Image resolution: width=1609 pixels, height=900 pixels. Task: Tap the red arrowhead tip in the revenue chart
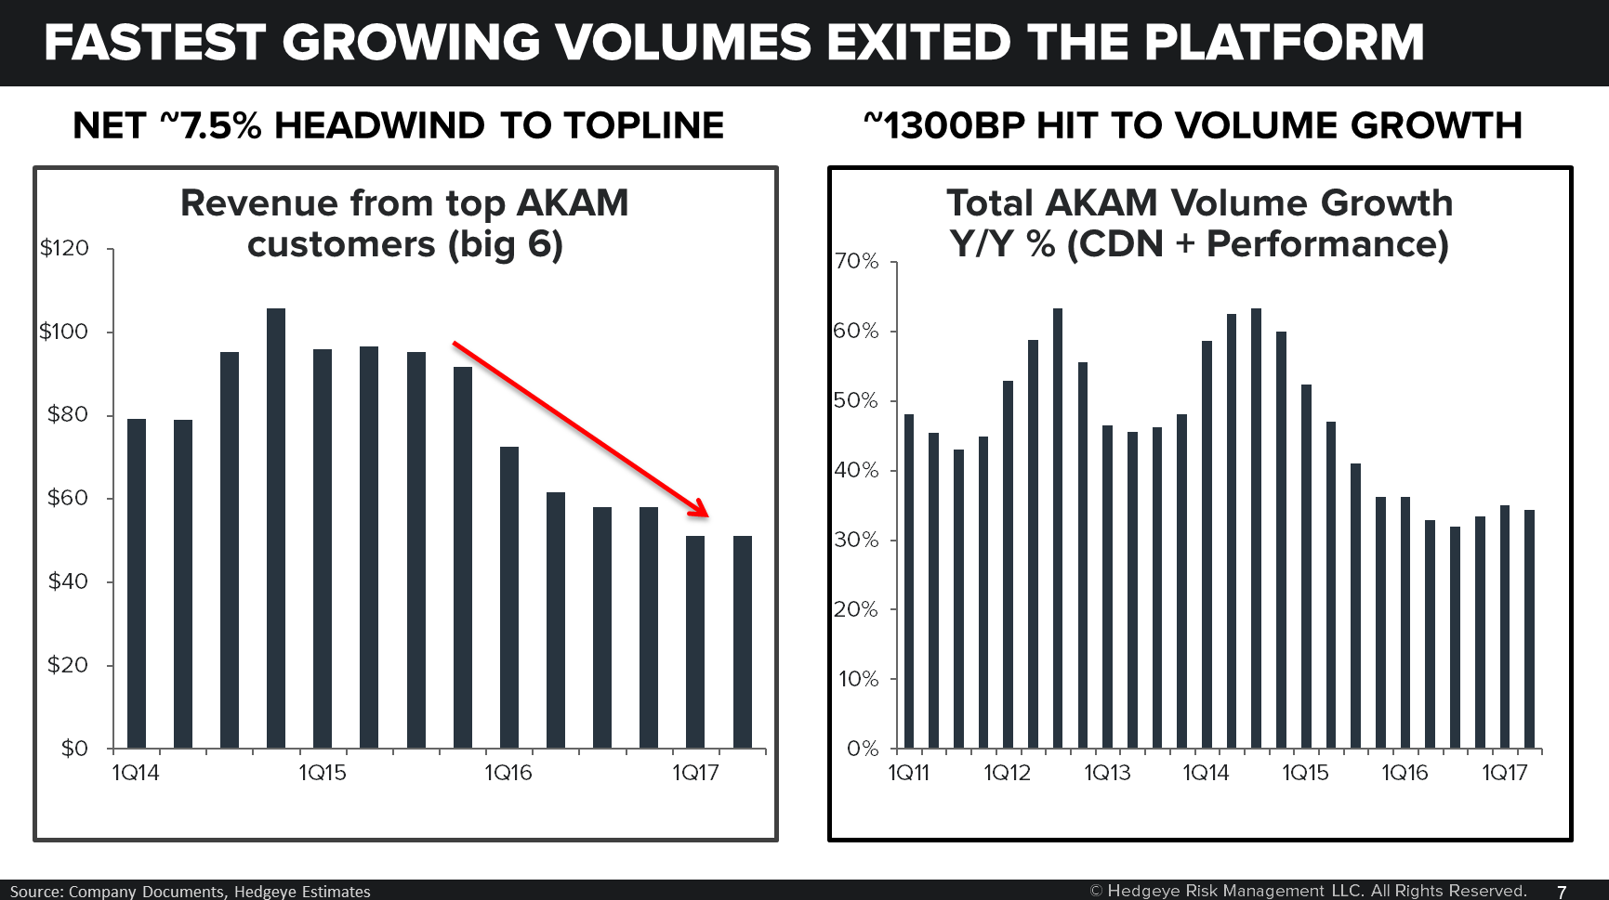pos(706,515)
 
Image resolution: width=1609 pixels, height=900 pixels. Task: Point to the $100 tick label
pos(63,332)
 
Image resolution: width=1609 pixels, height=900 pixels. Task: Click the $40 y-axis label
pos(67,581)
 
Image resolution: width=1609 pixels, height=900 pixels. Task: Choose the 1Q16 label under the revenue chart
pos(508,773)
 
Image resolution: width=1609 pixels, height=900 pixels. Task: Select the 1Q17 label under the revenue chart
pos(695,773)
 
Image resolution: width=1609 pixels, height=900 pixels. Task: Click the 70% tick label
pos(856,261)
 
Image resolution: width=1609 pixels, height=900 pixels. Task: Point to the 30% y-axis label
pos(856,540)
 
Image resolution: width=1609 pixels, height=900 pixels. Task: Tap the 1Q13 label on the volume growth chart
pos(1107,773)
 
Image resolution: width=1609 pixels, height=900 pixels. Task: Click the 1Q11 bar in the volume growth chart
pos(909,581)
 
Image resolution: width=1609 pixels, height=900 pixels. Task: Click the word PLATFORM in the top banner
pos(1284,43)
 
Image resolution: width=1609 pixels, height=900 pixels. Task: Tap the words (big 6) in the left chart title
pos(506,244)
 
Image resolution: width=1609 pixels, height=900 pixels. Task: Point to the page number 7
pos(1562,892)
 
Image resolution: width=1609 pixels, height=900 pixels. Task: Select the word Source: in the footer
pos(36,892)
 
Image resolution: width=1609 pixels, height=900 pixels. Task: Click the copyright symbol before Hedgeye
pos(1096,891)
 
